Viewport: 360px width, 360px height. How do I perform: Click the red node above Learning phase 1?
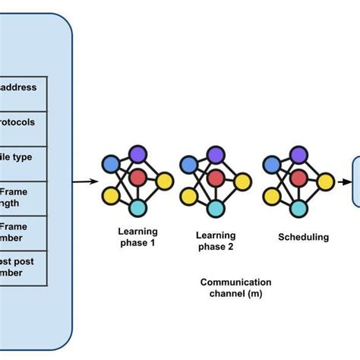pyautogui.click(x=137, y=179)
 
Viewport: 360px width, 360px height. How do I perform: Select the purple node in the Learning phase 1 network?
pyautogui.click(x=137, y=155)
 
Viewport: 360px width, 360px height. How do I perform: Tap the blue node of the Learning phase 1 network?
pyautogui.click(x=112, y=164)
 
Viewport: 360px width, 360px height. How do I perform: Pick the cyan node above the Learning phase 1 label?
pyautogui.click(x=137, y=207)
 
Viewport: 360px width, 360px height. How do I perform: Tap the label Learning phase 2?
pyautogui.click(x=216, y=241)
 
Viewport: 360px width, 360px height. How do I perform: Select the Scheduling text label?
pyautogui.click(x=303, y=237)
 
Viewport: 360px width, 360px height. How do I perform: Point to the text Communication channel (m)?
pyautogui.click(x=235, y=288)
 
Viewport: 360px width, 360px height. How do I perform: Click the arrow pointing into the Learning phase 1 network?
pyautogui.click(x=86, y=182)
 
